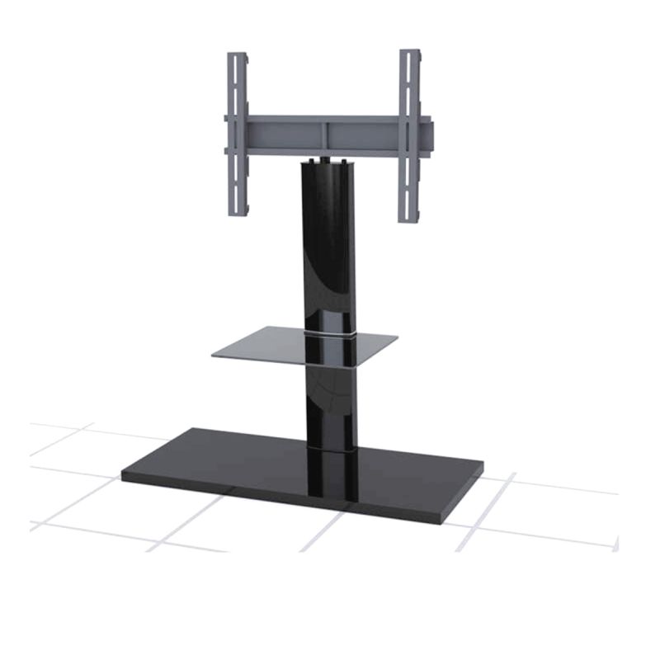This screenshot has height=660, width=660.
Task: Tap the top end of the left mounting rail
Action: click(238, 57)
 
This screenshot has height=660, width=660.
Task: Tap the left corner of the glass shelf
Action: click(214, 356)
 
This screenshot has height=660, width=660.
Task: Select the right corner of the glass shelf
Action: click(397, 337)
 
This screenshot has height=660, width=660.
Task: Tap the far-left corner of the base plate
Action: click(124, 475)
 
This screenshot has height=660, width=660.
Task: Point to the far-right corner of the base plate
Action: click(481, 467)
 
